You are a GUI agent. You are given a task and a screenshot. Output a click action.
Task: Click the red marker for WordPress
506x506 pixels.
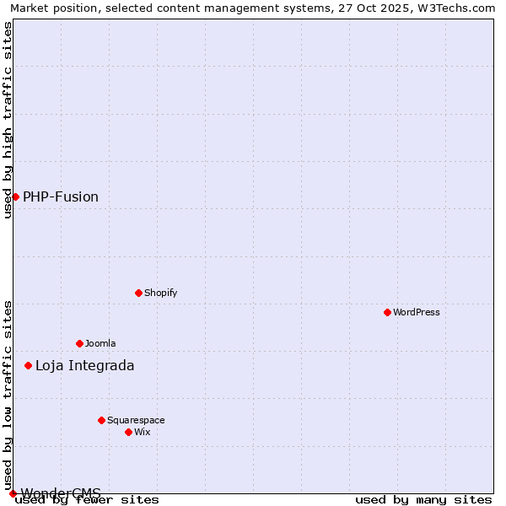387,312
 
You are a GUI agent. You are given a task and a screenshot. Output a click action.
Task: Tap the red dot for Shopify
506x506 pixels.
138,293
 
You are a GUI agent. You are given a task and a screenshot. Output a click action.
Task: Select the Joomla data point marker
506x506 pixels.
79,343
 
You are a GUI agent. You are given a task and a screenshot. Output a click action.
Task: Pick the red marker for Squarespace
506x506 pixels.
101,420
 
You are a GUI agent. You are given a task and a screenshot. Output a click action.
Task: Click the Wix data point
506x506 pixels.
128,432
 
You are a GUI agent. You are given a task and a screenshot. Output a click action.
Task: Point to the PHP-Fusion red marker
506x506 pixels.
15,196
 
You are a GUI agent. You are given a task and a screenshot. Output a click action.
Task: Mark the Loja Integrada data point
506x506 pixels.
28,365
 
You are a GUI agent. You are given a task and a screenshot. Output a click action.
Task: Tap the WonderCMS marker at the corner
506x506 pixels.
13,493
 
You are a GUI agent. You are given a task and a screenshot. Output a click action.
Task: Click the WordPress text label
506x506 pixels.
417,312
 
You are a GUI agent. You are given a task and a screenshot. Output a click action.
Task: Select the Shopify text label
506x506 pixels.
160,293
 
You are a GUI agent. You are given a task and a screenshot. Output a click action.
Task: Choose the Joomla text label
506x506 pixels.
100,343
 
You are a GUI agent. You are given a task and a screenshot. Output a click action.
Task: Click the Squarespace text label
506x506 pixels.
136,420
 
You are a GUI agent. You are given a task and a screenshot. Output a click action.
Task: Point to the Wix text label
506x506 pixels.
142,432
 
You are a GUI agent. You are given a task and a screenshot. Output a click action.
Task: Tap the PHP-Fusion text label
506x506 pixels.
61,196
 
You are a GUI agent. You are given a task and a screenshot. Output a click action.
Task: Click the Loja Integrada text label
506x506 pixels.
84,365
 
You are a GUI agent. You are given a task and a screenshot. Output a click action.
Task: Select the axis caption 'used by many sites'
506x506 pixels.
423,499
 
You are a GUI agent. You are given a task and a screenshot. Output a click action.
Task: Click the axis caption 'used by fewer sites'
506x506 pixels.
88,499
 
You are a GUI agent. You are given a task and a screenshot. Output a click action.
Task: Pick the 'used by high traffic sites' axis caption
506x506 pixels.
8,120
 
